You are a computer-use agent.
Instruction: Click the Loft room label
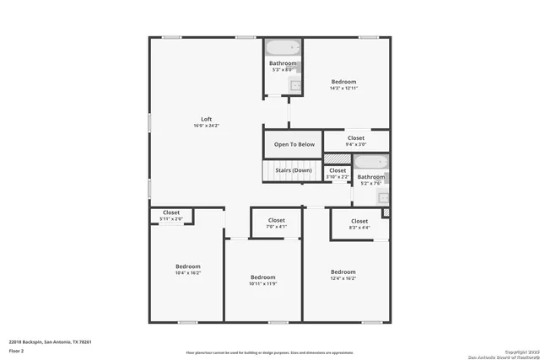point(206,118)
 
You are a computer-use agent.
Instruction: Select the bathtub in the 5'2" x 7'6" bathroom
point(370,162)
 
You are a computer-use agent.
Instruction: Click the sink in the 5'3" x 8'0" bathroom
point(296,84)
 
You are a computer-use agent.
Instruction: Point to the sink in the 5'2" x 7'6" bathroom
point(383,197)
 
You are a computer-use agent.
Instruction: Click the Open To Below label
point(294,144)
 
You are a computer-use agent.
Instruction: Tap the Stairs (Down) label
point(294,170)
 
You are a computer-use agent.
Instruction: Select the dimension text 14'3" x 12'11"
point(343,89)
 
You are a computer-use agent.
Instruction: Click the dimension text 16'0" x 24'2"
point(206,126)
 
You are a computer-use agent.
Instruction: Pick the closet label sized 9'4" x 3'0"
point(356,137)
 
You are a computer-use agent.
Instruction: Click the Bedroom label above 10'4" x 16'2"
point(188,266)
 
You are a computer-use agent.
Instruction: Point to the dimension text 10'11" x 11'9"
point(263,284)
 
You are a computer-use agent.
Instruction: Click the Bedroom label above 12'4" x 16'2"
point(343,271)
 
